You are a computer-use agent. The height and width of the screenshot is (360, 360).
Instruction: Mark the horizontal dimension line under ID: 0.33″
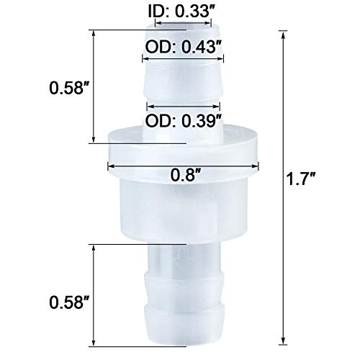point(179,24)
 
